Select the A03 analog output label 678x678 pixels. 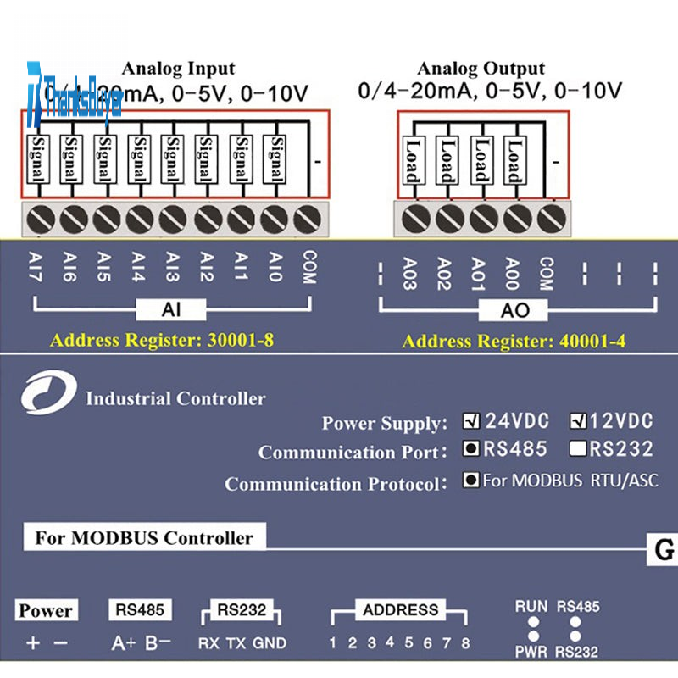click(x=409, y=273)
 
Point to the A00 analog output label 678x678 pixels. click(x=511, y=273)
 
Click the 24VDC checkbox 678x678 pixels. click(x=471, y=420)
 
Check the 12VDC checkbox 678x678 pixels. click(x=579, y=420)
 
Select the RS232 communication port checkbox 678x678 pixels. click(x=579, y=449)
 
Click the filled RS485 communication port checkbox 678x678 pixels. click(x=471, y=449)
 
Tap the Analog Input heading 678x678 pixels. click(x=178, y=69)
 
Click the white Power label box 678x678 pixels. click(x=46, y=610)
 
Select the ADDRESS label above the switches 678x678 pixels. click(x=400, y=609)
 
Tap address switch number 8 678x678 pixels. click(x=465, y=643)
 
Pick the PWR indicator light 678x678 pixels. click(x=533, y=636)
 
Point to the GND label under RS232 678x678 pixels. click(x=270, y=643)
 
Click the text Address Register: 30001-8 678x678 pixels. click(x=161, y=342)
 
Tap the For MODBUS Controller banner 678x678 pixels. click(x=144, y=537)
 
